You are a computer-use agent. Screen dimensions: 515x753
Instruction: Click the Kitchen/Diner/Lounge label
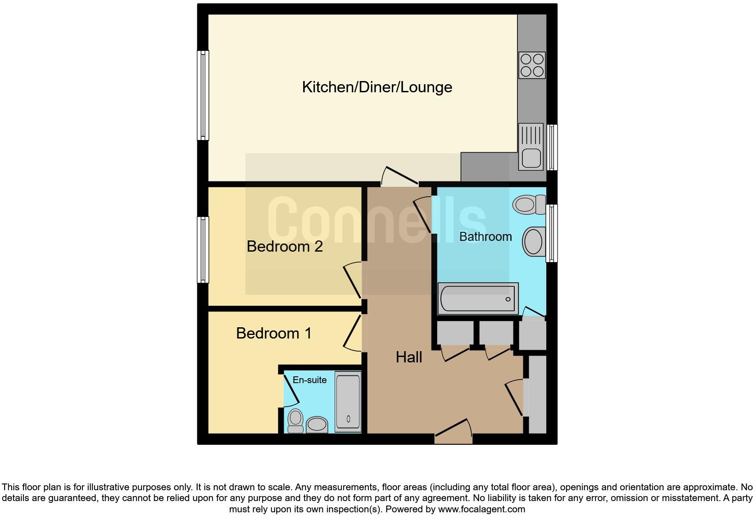[377, 87]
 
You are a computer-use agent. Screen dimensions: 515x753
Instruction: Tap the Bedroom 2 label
[285, 247]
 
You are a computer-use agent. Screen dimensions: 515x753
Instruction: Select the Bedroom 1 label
[274, 333]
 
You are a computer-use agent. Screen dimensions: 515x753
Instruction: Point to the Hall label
[409, 357]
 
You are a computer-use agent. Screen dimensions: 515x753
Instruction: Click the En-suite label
[309, 380]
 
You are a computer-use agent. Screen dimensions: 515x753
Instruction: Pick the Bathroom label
[485, 237]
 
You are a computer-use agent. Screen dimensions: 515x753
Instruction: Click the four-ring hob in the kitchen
[532, 65]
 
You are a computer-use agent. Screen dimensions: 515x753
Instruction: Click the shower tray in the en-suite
[348, 402]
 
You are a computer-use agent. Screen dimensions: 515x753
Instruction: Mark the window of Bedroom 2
[204, 249]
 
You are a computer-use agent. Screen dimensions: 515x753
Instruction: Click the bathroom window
[551, 233]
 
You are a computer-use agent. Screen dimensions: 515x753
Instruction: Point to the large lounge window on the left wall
[203, 95]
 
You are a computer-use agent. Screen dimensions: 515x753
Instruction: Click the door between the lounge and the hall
[400, 177]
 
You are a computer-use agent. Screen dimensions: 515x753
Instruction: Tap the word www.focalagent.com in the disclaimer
[481, 509]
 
